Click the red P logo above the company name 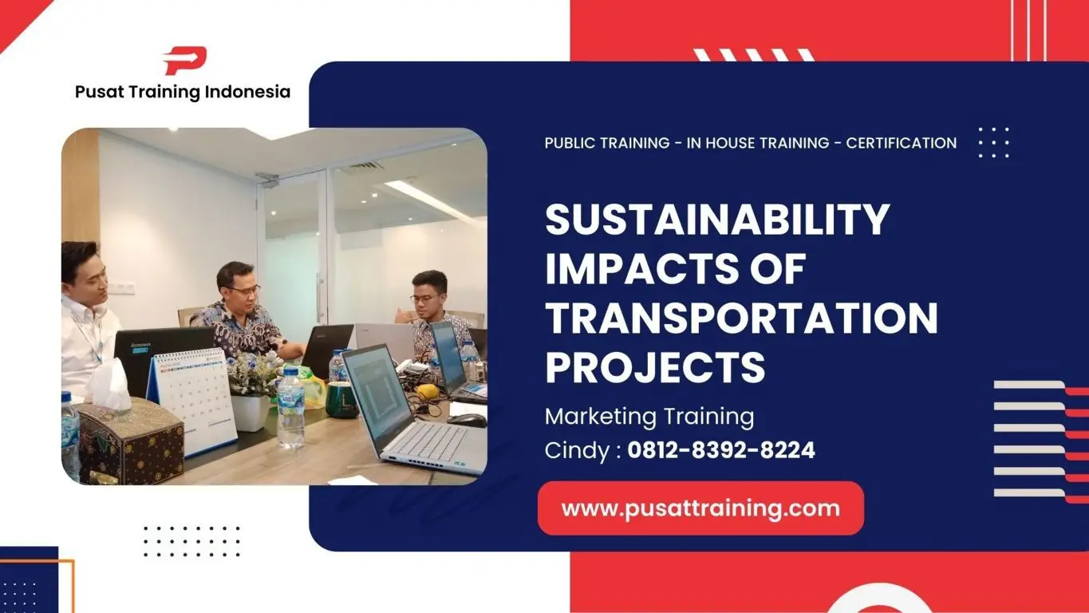184,61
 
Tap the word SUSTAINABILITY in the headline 716,219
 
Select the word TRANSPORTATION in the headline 741,318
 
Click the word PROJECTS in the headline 654,368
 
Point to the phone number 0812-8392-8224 721,450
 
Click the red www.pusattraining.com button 700,508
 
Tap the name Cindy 575,450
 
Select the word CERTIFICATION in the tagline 901,143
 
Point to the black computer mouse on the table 467,419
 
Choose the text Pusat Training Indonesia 183,92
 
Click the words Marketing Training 649,416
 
